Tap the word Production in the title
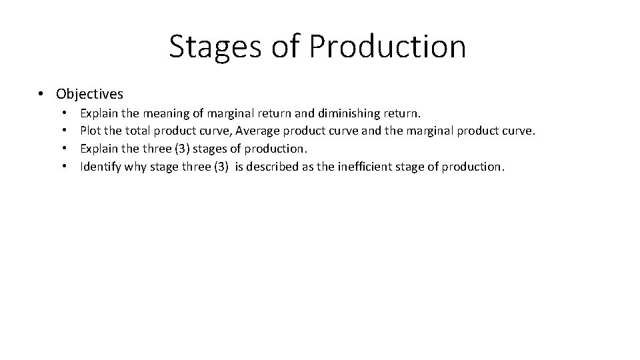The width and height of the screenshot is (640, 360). pyautogui.click(x=388, y=46)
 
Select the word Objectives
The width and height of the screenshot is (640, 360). pyautogui.click(x=90, y=94)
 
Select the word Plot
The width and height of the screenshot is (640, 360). pyautogui.click(x=90, y=131)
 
